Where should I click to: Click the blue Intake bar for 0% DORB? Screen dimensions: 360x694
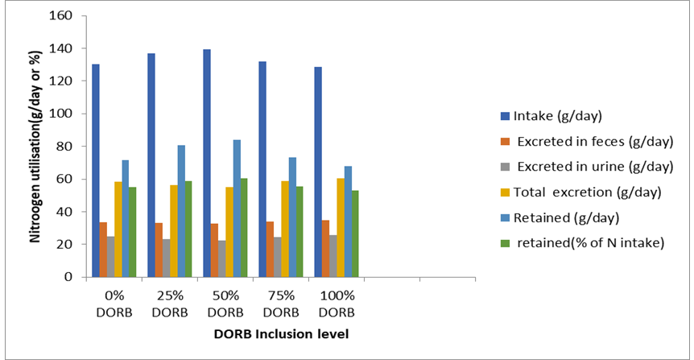tap(96, 171)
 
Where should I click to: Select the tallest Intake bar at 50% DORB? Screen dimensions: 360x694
tap(207, 163)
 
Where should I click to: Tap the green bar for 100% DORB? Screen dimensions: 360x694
tap(355, 234)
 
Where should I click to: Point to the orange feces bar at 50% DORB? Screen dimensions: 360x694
tap(215, 250)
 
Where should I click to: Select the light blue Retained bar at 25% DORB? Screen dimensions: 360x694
tap(182, 211)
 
